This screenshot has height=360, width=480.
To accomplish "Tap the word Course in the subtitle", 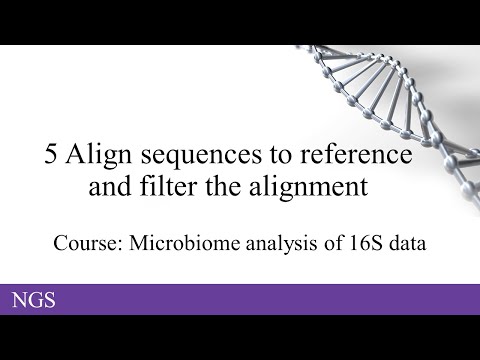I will click(x=87, y=242).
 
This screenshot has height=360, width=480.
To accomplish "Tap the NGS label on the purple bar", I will click(x=33, y=299).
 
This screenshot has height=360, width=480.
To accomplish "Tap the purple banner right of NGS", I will click(x=270, y=299).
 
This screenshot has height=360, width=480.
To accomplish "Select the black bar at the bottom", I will click(x=240, y=337).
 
